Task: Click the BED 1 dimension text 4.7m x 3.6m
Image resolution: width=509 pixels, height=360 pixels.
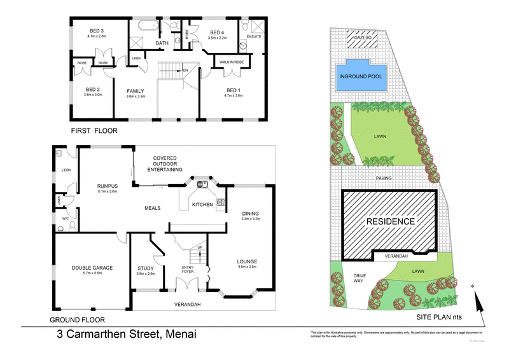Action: [x=234, y=95]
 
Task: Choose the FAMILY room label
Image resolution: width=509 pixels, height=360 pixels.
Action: [x=136, y=90]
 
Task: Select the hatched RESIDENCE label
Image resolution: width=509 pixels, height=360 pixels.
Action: [x=390, y=222]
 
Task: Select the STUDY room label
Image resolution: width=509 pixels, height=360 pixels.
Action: [x=146, y=268]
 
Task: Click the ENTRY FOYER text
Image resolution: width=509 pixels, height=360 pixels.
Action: [x=187, y=270]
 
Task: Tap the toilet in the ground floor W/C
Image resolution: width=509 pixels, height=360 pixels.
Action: [x=71, y=225]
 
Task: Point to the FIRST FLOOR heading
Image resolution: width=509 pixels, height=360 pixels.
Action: [x=94, y=131]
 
